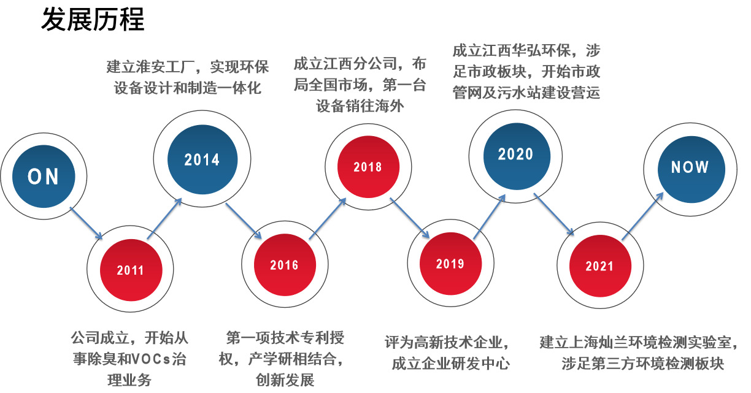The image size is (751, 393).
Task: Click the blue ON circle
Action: (43, 177)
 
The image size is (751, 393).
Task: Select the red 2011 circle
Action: (130, 270)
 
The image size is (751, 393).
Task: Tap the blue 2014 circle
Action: (202, 160)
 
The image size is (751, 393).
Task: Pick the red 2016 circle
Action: (284, 265)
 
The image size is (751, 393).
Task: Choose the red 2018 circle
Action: (368, 167)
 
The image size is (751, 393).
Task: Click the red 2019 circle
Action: (450, 264)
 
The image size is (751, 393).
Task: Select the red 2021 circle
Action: (599, 266)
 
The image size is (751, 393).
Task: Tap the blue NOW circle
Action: (690, 167)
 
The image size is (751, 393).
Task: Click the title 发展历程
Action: (93, 20)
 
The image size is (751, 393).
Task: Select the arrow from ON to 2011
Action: (87, 224)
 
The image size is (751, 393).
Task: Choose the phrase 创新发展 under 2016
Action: (285, 380)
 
